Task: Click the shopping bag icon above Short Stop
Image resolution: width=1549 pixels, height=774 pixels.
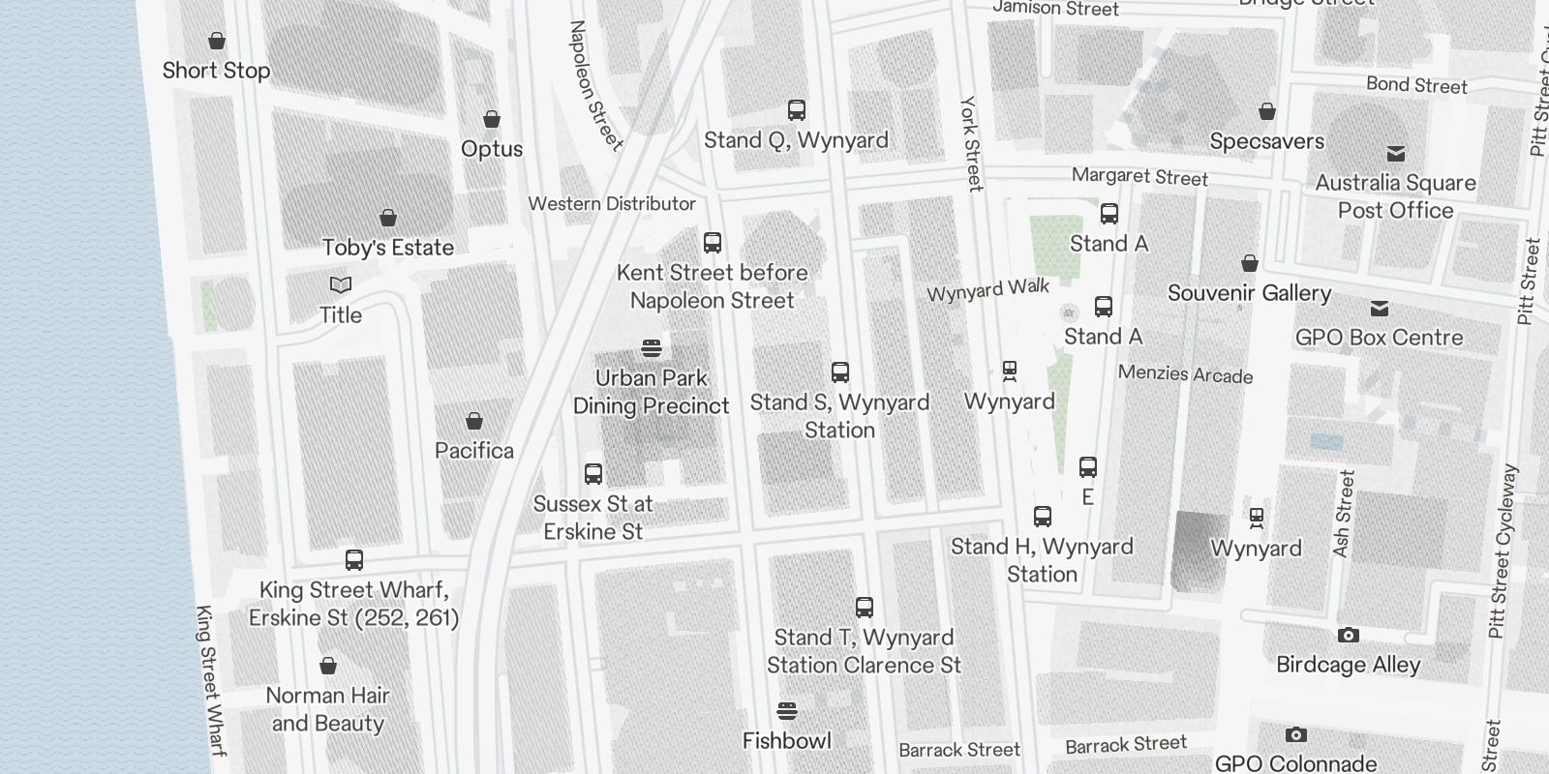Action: point(217,41)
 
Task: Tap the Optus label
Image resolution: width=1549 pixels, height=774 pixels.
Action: point(492,149)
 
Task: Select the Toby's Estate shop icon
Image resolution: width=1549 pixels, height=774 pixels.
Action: point(388,218)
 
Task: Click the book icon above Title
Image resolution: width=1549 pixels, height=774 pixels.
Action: point(341,284)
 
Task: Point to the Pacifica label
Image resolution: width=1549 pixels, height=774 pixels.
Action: point(474,451)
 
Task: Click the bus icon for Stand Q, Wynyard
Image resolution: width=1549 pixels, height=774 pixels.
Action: point(797,110)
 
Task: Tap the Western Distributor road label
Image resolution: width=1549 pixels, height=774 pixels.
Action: point(612,204)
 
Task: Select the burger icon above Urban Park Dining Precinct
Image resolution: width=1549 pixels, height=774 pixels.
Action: point(652,348)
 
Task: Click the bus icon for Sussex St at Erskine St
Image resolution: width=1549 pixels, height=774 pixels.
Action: point(593,474)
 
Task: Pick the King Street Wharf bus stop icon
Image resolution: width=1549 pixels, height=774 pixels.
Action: point(354,560)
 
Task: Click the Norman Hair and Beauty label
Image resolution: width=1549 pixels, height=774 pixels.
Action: point(328,709)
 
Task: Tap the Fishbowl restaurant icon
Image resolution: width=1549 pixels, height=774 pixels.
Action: point(787,712)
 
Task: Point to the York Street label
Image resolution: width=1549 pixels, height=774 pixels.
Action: point(971,142)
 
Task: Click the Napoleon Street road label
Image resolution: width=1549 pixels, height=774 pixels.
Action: point(594,85)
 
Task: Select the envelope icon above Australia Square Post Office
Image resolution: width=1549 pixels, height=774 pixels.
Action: point(1396,154)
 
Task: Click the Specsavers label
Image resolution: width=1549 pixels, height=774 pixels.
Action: point(1266,141)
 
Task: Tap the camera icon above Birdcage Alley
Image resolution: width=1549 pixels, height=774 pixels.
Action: point(1348,636)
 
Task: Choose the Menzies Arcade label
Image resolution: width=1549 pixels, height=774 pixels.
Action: point(1185,374)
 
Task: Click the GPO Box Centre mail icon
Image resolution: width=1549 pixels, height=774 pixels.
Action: point(1380,309)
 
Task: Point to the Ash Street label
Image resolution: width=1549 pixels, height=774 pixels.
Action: point(1344,513)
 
